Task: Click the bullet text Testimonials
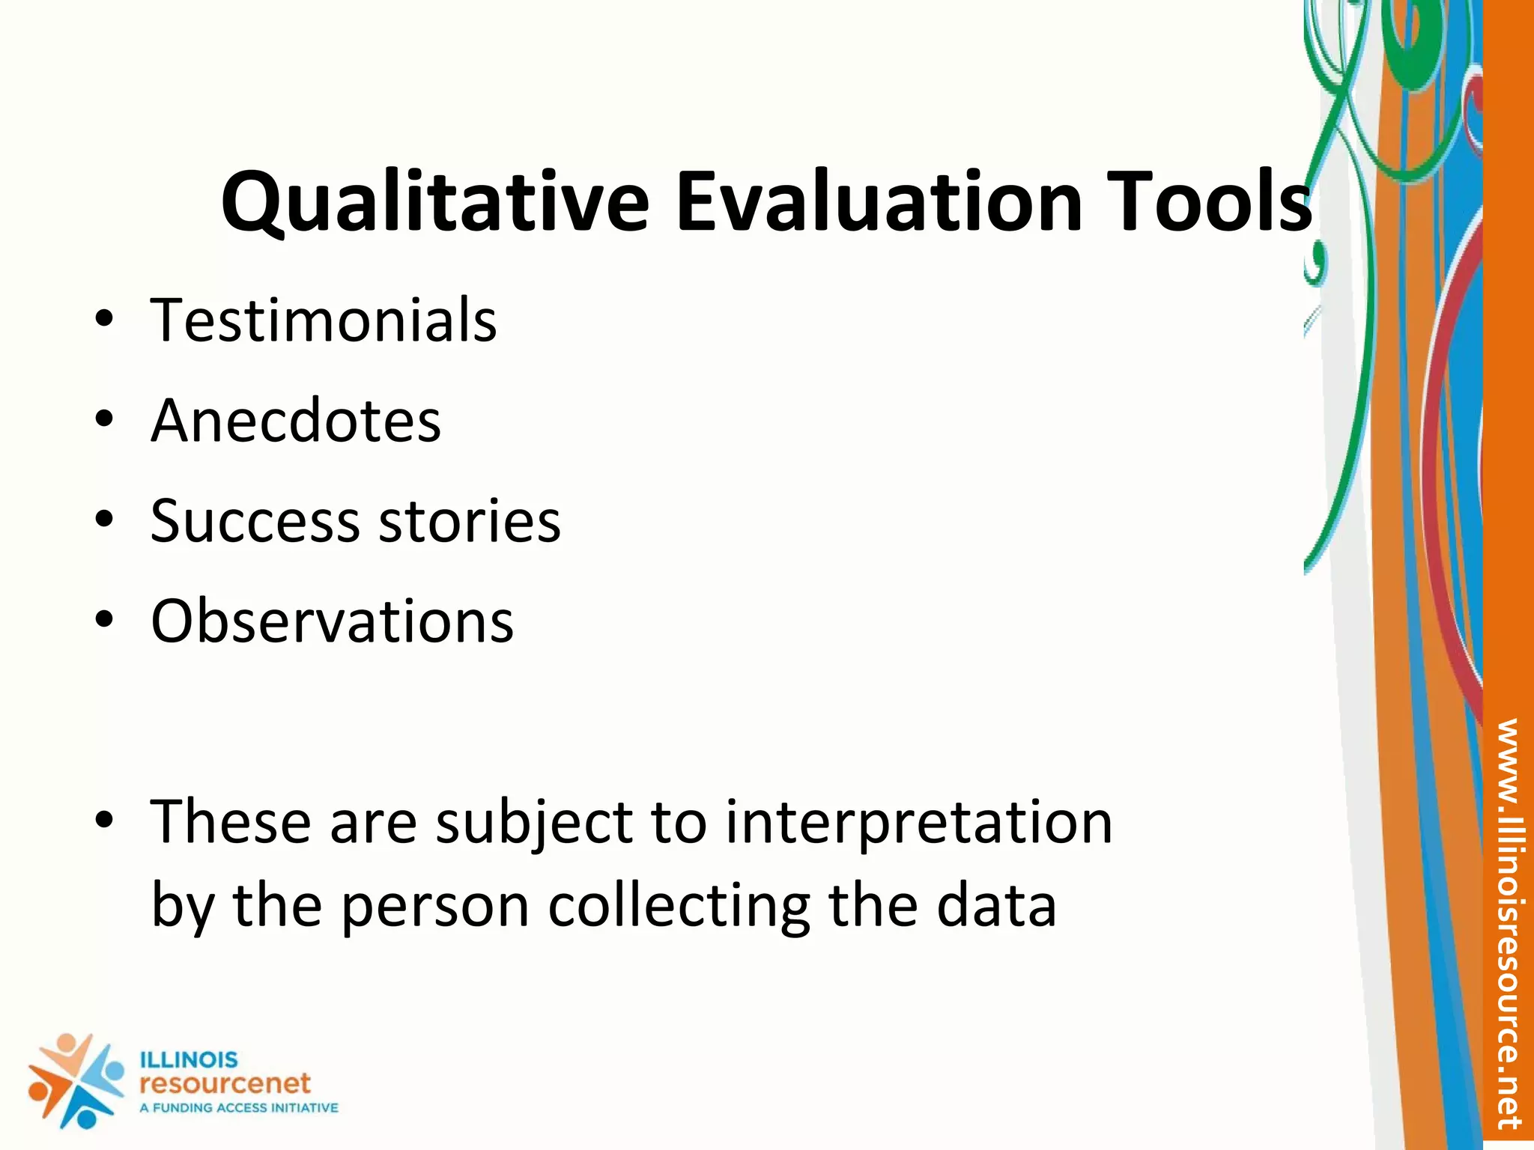pos(324,320)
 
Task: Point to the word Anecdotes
pos(296,421)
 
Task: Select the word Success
pos(255,521)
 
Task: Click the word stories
pos(470,521)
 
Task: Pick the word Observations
pos(332,621)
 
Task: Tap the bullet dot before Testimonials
pos(104,320)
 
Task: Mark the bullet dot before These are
pos(104,821)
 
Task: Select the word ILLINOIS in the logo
pos(189,1060)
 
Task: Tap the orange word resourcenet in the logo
pos(225,1083)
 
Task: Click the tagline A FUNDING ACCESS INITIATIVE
pos(238,1108)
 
